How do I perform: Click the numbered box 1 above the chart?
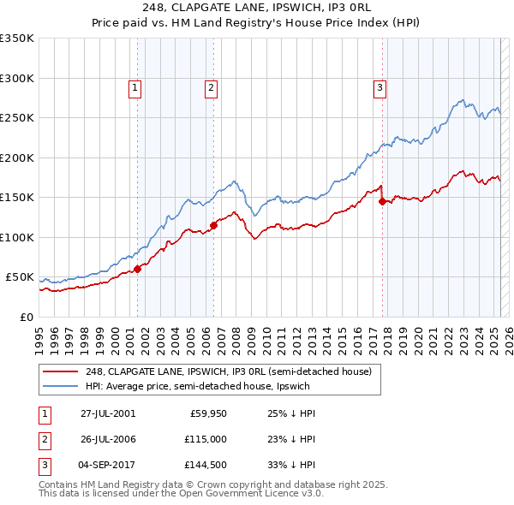click(136, 86)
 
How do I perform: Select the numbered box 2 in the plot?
click(211, 86)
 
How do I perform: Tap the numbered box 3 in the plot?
click(380, 86)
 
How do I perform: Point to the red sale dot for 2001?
click(137, 269)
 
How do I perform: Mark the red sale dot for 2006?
click(213, 225)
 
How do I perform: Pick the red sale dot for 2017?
click(382, 202)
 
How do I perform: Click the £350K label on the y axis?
click(17, 39)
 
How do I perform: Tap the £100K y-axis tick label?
click(17, 237)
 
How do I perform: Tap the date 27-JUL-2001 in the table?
click(108, 413)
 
